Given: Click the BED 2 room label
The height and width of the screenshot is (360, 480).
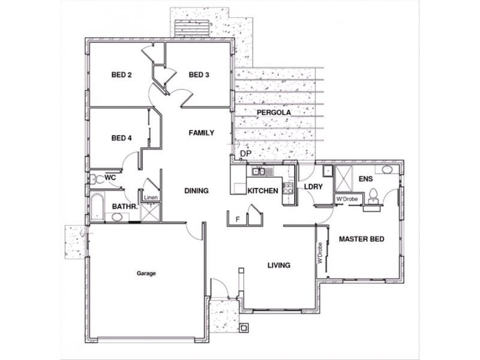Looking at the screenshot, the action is pyautogui.click(x=122, y=74).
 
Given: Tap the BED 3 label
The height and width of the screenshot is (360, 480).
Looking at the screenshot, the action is pyautogui.click(x=199, y=74).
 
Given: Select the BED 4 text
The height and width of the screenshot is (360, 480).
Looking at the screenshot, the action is pyautogui.click(x=122, y=138).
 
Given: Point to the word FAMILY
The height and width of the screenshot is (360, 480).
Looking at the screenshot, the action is pyautogui.click(x=202, y=133).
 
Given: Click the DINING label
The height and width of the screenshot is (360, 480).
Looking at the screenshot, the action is pyautogui.click(x=197, y=191).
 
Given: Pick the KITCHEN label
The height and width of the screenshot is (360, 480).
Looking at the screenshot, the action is pyautogui.click(x=263, y=191).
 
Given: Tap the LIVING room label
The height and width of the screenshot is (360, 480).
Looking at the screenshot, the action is pyautogui.click(x=279, y=265).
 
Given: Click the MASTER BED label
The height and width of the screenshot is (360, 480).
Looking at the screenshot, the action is pyautogui.click(x=362, y=239).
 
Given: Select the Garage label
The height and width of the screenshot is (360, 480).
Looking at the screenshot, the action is pyautogui.click(x=146, y=274).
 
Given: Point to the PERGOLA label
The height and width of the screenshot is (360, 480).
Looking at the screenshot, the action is pyautogui.click(x=274, y=113).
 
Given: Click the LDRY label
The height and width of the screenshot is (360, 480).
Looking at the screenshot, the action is pyautogui.click(x=313, y=187).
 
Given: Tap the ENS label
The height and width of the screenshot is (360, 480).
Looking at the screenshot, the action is pyautogui.click(x=366, y=179).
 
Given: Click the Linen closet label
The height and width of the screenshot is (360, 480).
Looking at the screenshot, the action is pyautogui.click(x=151, y=197).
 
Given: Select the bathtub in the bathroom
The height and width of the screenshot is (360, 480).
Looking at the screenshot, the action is pyautogui.click(x=97, y=206).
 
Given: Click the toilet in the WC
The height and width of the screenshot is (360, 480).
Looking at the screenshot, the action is pyautogui.click(x=97, y=179).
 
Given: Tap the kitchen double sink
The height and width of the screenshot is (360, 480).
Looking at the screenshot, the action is pyautogui.click(x=259, y=172).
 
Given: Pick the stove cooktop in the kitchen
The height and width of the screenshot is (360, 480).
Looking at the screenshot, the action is pyautogui.click(x=288, y=188).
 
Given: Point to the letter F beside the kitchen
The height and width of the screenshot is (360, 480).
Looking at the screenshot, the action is pyautogui.click(x=238, y=219).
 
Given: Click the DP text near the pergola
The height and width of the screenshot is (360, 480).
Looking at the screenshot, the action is pyautogui.click(x=245, y=154).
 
